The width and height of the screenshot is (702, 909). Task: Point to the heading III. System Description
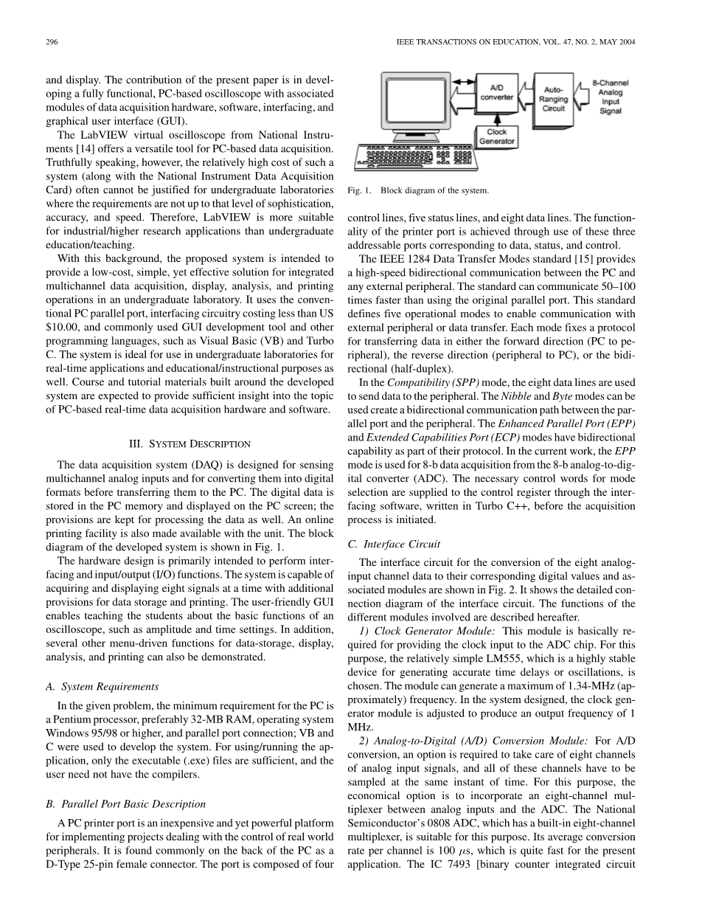click(x=190, y=443)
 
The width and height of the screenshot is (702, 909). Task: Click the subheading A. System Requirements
click(x=102, y=686)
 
